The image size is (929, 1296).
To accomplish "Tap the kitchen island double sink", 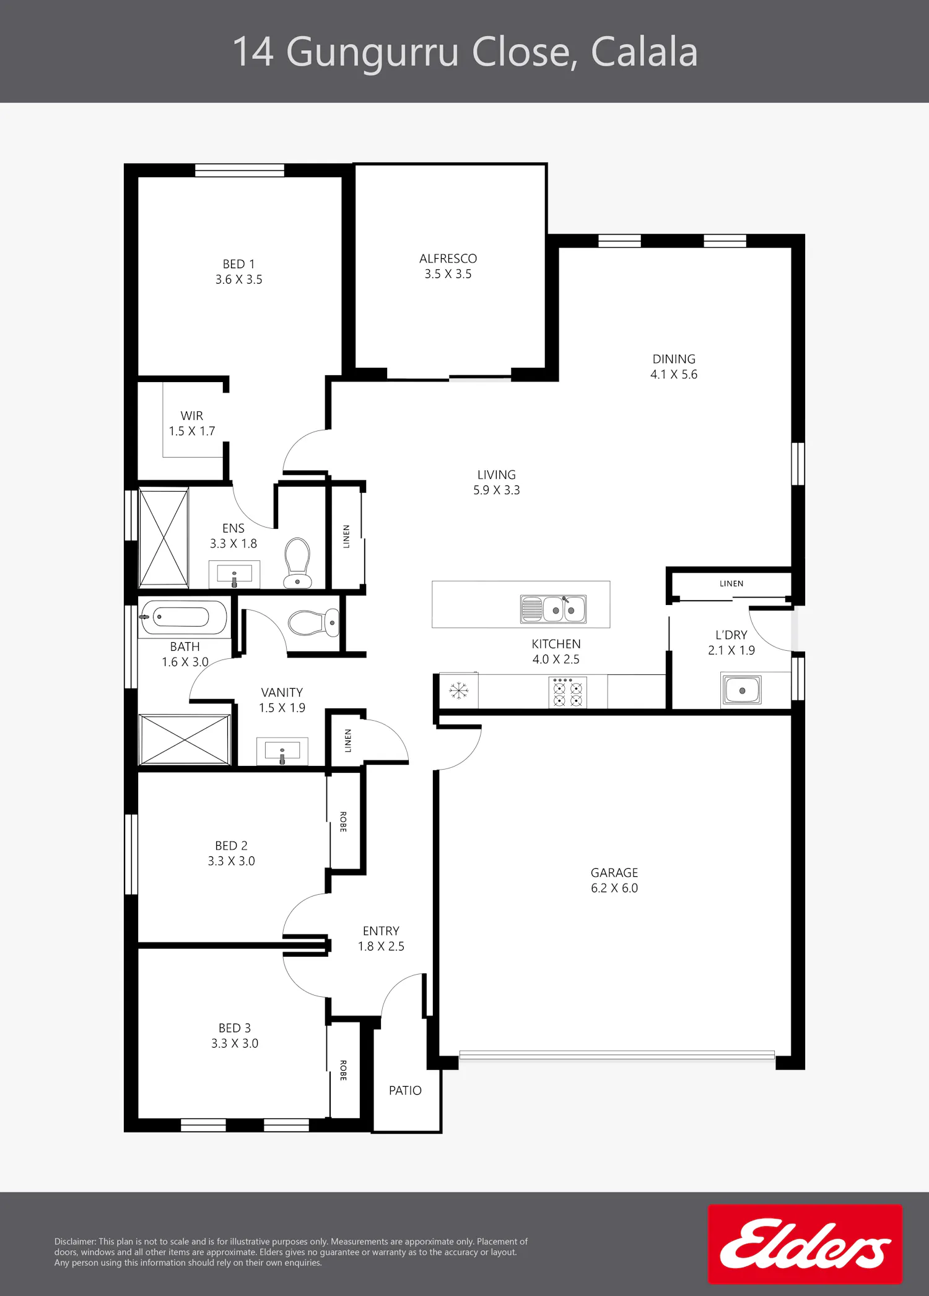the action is (553, 609).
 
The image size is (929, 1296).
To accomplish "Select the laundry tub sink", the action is (741, 690).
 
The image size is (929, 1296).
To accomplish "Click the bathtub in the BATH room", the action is (183, 617).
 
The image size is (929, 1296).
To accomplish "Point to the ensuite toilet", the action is (297, 562).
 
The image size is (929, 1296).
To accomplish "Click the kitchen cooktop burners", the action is (568, 692).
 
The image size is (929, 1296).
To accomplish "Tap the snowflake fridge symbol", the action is (459, 690).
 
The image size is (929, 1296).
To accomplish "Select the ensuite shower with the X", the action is (164, 537).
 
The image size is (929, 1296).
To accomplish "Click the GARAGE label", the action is (614, 872).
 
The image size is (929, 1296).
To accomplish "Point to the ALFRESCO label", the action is (448, 258).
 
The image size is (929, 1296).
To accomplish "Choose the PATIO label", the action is (405, 1090).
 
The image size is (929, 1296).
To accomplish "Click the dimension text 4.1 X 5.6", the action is (674, 374).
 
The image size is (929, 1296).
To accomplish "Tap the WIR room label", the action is (192, 415).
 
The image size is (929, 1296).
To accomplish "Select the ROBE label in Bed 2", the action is (343, 822).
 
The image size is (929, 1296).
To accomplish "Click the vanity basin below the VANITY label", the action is (282, 751).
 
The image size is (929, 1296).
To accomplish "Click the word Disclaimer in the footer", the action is (75, 1242).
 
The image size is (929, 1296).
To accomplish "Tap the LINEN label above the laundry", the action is (731, 583).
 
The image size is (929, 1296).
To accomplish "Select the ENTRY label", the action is (381, 931).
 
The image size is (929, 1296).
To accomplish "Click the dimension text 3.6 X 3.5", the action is (239, 279).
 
